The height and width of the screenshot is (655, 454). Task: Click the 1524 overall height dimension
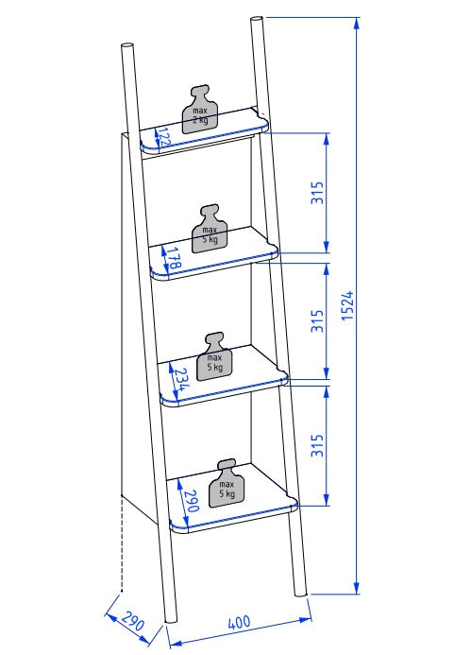pos(347,305)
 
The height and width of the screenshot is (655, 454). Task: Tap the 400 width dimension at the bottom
pos(240,622)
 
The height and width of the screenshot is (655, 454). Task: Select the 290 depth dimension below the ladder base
pos(133,621)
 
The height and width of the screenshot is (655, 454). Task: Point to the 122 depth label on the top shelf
pos(164,137)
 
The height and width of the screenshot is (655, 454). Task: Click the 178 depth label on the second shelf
pos(175,258)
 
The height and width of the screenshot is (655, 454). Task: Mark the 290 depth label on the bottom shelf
pos(191,500)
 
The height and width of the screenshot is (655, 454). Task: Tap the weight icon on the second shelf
pos(210,229)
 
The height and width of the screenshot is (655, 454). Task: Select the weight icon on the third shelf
pos(215,356)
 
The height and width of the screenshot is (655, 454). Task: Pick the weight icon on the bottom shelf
pos(227,483)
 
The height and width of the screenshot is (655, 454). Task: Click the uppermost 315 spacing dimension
pos(317,193)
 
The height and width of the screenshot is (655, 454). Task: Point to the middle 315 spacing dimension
pos(317,320)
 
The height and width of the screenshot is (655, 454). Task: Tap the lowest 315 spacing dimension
pos(317,446)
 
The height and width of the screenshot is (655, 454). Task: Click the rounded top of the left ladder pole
pos(126,46)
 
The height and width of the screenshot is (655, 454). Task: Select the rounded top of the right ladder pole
pos(257,20)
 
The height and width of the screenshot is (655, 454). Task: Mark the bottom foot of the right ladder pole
pos(300,594)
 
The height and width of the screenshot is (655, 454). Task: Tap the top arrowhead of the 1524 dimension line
pos(357,24)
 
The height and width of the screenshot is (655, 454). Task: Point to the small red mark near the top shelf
pos(263,113)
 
